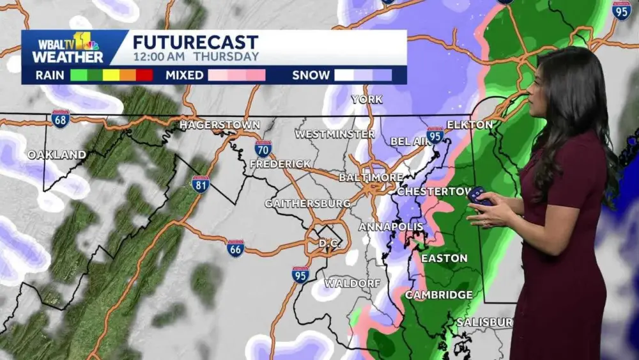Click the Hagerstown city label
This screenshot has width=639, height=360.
point(219,125)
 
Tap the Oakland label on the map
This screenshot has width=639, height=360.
point(57,155)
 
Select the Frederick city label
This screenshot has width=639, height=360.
point(280,164)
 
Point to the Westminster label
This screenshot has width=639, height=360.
point(334,134)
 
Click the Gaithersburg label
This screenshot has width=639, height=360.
point(307,203)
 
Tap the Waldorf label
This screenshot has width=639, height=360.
point(352,283)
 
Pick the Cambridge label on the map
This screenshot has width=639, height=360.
point(438,295)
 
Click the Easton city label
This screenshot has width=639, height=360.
point(444,258)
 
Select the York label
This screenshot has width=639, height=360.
point(367,100)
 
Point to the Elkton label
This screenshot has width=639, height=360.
point(470,125)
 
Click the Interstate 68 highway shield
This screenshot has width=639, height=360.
point(61,118)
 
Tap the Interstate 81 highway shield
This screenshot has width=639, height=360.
point(200,184)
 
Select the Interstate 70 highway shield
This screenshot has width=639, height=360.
point(263,149)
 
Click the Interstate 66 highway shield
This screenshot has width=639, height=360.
point(236,248)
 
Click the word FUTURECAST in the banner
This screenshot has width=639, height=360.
point(196,43)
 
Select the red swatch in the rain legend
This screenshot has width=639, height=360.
point(144,75)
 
